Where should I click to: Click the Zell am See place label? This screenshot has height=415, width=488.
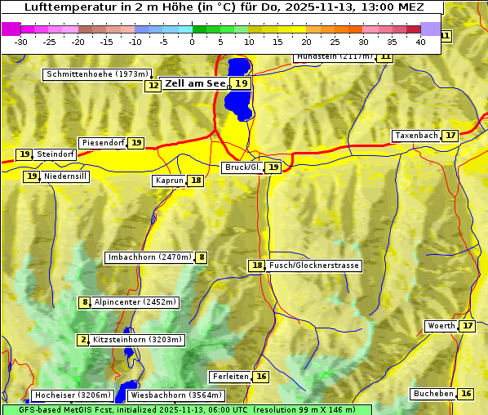(x=195, y=83)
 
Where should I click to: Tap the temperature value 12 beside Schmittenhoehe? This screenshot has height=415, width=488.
(x=153, y=85)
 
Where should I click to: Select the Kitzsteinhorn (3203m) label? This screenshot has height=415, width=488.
(x=138, y=339)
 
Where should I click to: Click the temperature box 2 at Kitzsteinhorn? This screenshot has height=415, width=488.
(x=83, y=340)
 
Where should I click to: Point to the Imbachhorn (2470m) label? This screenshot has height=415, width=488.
(x=149, y=257)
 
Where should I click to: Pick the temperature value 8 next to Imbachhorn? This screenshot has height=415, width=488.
(x=202, y=257)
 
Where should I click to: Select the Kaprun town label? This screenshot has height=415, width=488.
(x=169, y=181)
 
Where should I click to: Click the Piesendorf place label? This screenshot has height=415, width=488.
(x=103, y=143)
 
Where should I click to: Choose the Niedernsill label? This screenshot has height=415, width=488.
(x=65, y=176)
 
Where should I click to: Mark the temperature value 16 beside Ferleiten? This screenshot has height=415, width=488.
(x=260, y=377)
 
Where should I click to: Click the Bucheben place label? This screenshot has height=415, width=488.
(x=433, y=394)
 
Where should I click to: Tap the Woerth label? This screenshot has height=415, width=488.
(x=441, y=326)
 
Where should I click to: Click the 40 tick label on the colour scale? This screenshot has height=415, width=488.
(x=420, y=41)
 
